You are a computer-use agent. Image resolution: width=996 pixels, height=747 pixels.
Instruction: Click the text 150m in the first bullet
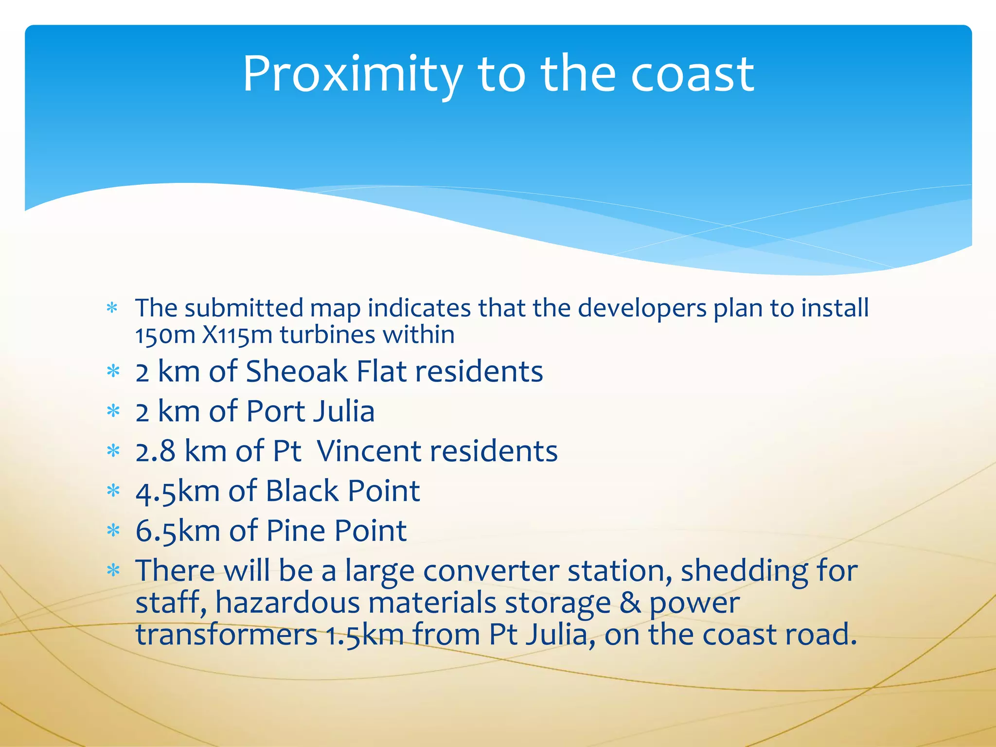tap(165, 336)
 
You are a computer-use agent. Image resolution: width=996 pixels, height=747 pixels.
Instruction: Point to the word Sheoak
tap(297, 372)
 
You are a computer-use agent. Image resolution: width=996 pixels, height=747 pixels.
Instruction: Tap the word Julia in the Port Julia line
tap(343, 411)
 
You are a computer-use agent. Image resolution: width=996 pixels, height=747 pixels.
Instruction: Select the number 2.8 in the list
tap(155, 451)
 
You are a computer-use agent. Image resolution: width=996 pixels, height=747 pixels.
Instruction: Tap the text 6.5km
tap(178, 531)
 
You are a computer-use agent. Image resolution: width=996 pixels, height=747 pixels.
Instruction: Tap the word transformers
tap(226, 635)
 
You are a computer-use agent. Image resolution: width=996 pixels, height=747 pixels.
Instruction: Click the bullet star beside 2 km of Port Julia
tap(113, 412)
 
